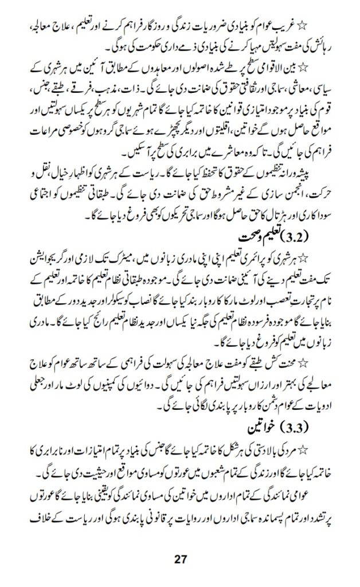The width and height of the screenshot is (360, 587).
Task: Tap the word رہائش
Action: tap(319, 42)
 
